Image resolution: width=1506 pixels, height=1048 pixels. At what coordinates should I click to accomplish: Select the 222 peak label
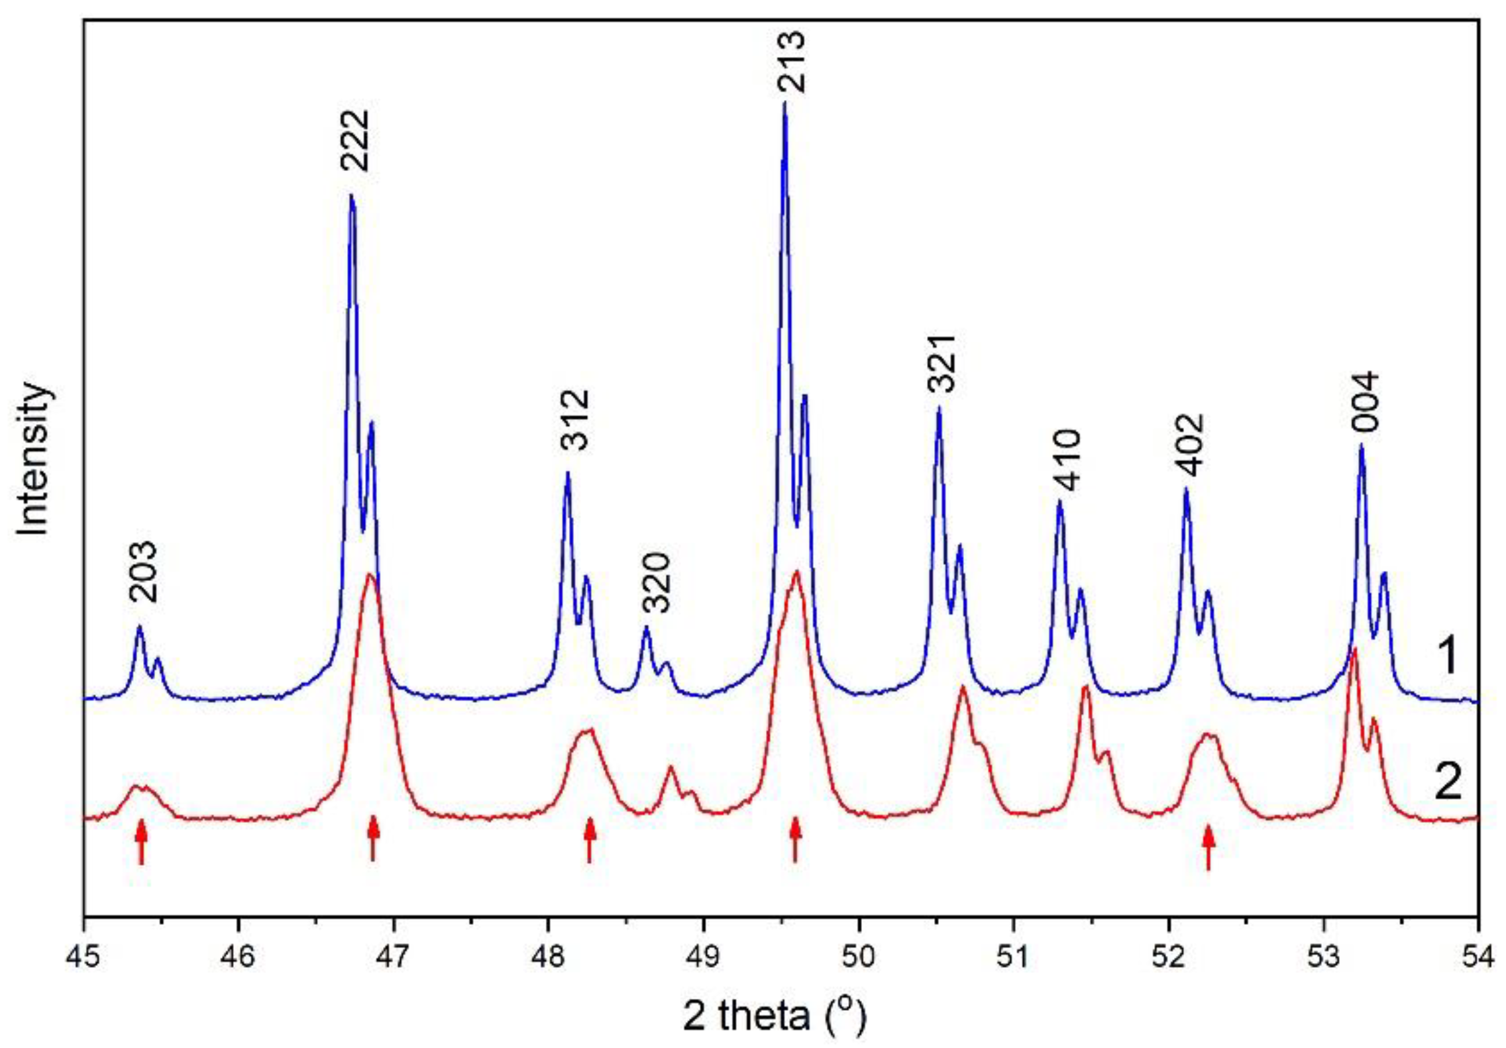(x=355, y=140)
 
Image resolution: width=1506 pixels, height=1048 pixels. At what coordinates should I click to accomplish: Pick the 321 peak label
(x=940, y=363)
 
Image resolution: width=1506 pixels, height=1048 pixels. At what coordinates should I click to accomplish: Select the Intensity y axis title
(x=34, y=458)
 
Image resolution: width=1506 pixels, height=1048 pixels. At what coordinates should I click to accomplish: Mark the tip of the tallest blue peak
(x=784, y=103)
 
